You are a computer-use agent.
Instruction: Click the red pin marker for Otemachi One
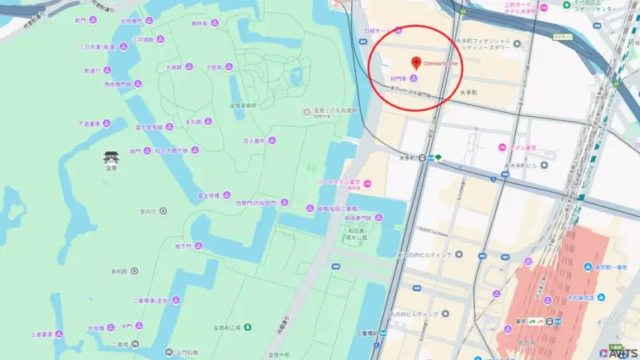[415, 62]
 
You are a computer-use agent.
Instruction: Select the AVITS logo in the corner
[618, 352]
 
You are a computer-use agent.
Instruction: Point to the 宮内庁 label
[147, 211]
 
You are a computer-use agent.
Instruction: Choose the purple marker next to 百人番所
[271, 141]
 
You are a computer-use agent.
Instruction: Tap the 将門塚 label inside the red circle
[399, 78]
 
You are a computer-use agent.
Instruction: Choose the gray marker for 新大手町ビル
[545, 165]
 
